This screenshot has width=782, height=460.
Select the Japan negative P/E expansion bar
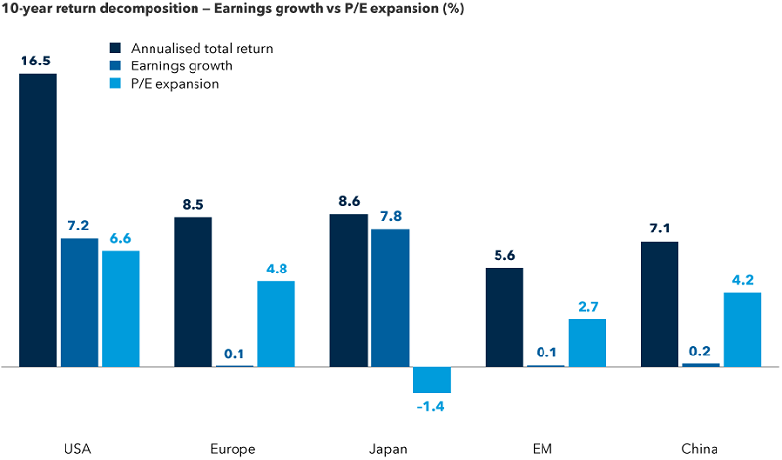click(x=431, y=379)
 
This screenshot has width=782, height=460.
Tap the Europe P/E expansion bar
click(x=276, y=324)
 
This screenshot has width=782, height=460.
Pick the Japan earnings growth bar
click(x=390, y=298)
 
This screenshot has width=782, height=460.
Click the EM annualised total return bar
click(x=504, y=317)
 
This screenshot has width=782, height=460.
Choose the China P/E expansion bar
click(x=742, y=330)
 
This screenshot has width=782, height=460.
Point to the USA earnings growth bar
click(x=79, y=303)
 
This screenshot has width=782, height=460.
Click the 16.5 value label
click(x=37, y=60)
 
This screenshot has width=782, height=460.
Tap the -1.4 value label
click(x=431, y=406)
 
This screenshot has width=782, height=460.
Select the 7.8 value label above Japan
click(x=390, y=215)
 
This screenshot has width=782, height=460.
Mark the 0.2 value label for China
click(x=701, y=350)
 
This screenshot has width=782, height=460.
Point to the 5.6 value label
click(x=504, y=254)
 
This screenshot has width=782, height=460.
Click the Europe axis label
click(x=233, y=449)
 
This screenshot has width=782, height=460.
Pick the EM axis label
click(x=545, y=449)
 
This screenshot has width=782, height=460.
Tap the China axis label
click(x=701, y=449)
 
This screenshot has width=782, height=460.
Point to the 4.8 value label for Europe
click(x=276, y=268)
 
